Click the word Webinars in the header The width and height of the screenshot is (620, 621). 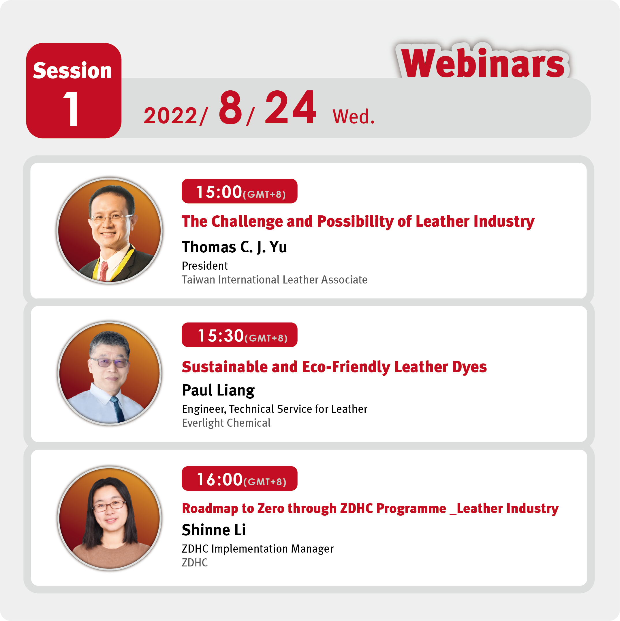(482, 63)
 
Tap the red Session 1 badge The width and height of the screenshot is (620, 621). (74, 91)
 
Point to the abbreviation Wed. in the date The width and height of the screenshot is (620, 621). (354, 116)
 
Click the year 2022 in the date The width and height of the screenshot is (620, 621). (170, 116)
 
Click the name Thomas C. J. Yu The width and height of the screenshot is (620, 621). (234, 247)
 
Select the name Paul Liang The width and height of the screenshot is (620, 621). (218, 391)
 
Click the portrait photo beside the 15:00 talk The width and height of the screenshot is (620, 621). (110, 230)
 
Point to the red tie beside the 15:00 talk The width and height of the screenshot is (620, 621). (104, 271)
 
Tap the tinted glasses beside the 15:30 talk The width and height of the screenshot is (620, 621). (109, 363)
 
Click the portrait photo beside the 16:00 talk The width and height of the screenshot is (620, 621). (110, 518)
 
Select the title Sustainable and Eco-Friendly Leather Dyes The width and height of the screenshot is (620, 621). (334, 367)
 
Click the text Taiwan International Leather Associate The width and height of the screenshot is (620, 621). (275, 280)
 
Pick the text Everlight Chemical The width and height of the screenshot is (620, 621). (226, 423)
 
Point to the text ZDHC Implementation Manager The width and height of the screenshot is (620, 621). (258, 549)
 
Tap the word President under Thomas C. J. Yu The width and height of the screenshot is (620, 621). (204, 266)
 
